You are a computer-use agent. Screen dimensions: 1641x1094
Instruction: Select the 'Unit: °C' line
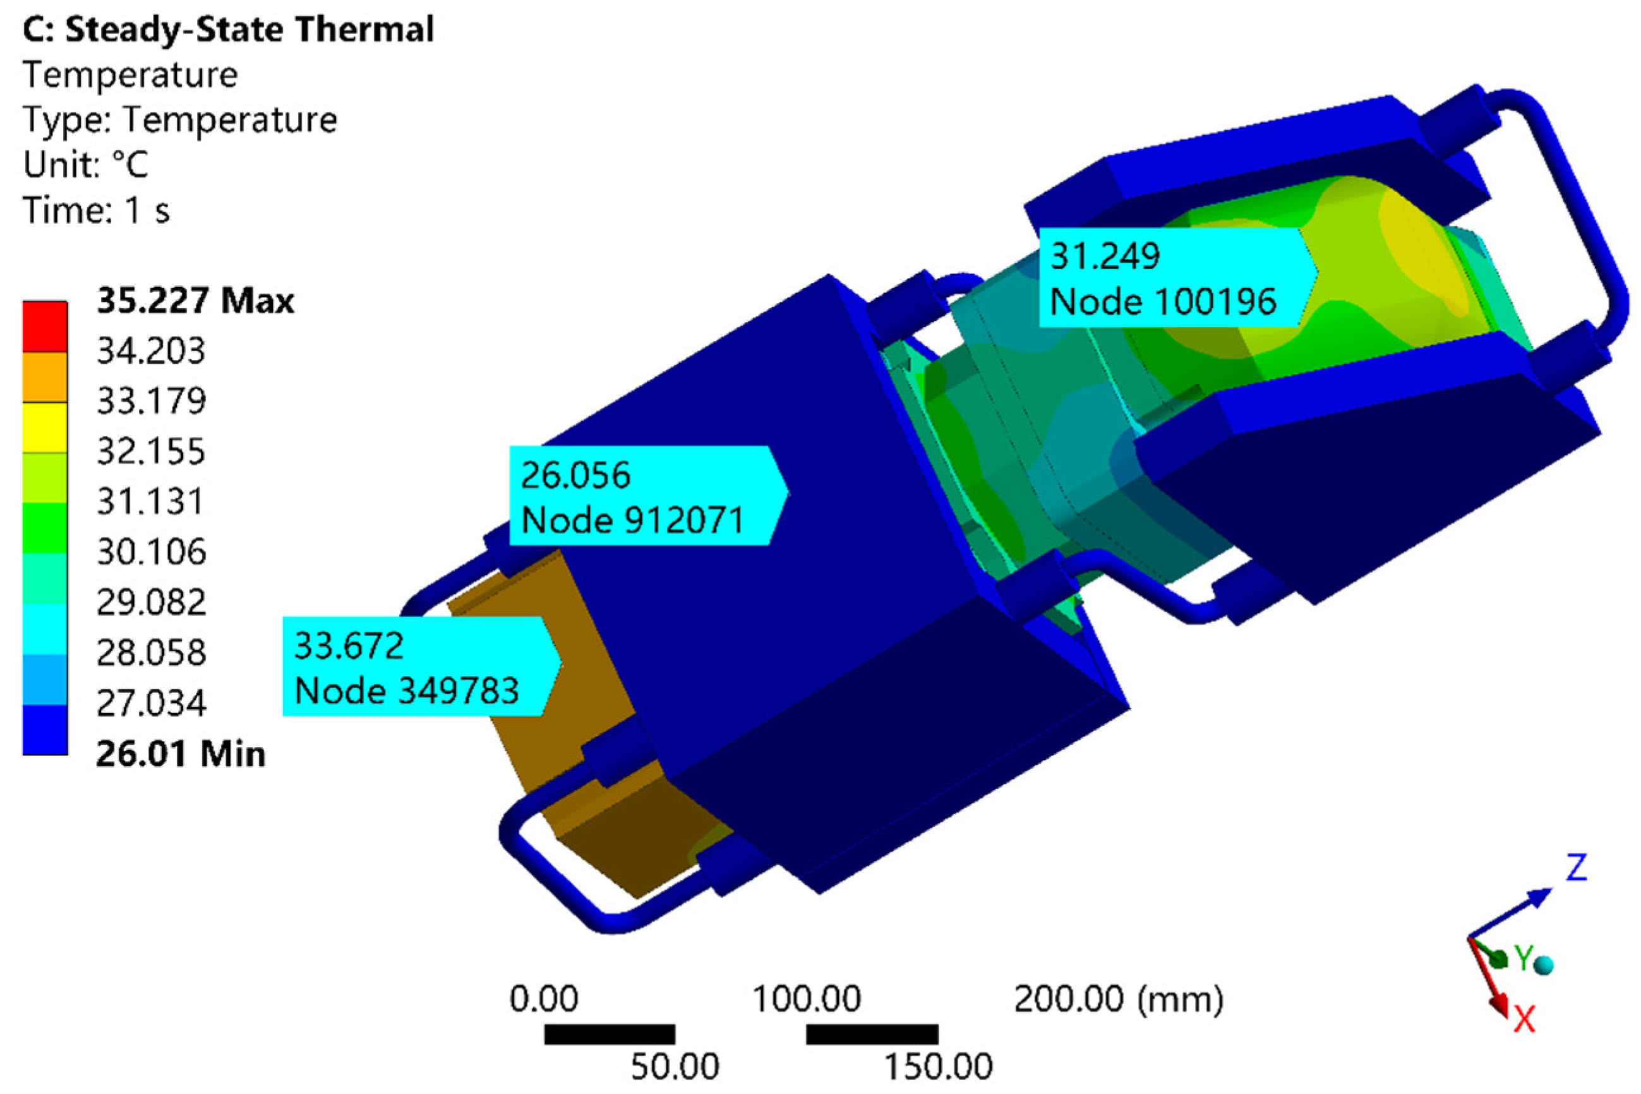tap(86, 165)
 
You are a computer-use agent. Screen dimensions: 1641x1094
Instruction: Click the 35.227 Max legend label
tap(195, 301)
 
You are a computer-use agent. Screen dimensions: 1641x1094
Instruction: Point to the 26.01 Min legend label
tap(181, 754)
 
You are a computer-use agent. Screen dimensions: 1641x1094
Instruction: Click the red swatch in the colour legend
tap(45, 327)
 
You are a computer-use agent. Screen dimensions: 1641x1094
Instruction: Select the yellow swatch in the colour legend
tap(45, 428)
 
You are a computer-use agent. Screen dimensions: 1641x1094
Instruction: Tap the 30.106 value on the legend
tap(152, 553)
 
